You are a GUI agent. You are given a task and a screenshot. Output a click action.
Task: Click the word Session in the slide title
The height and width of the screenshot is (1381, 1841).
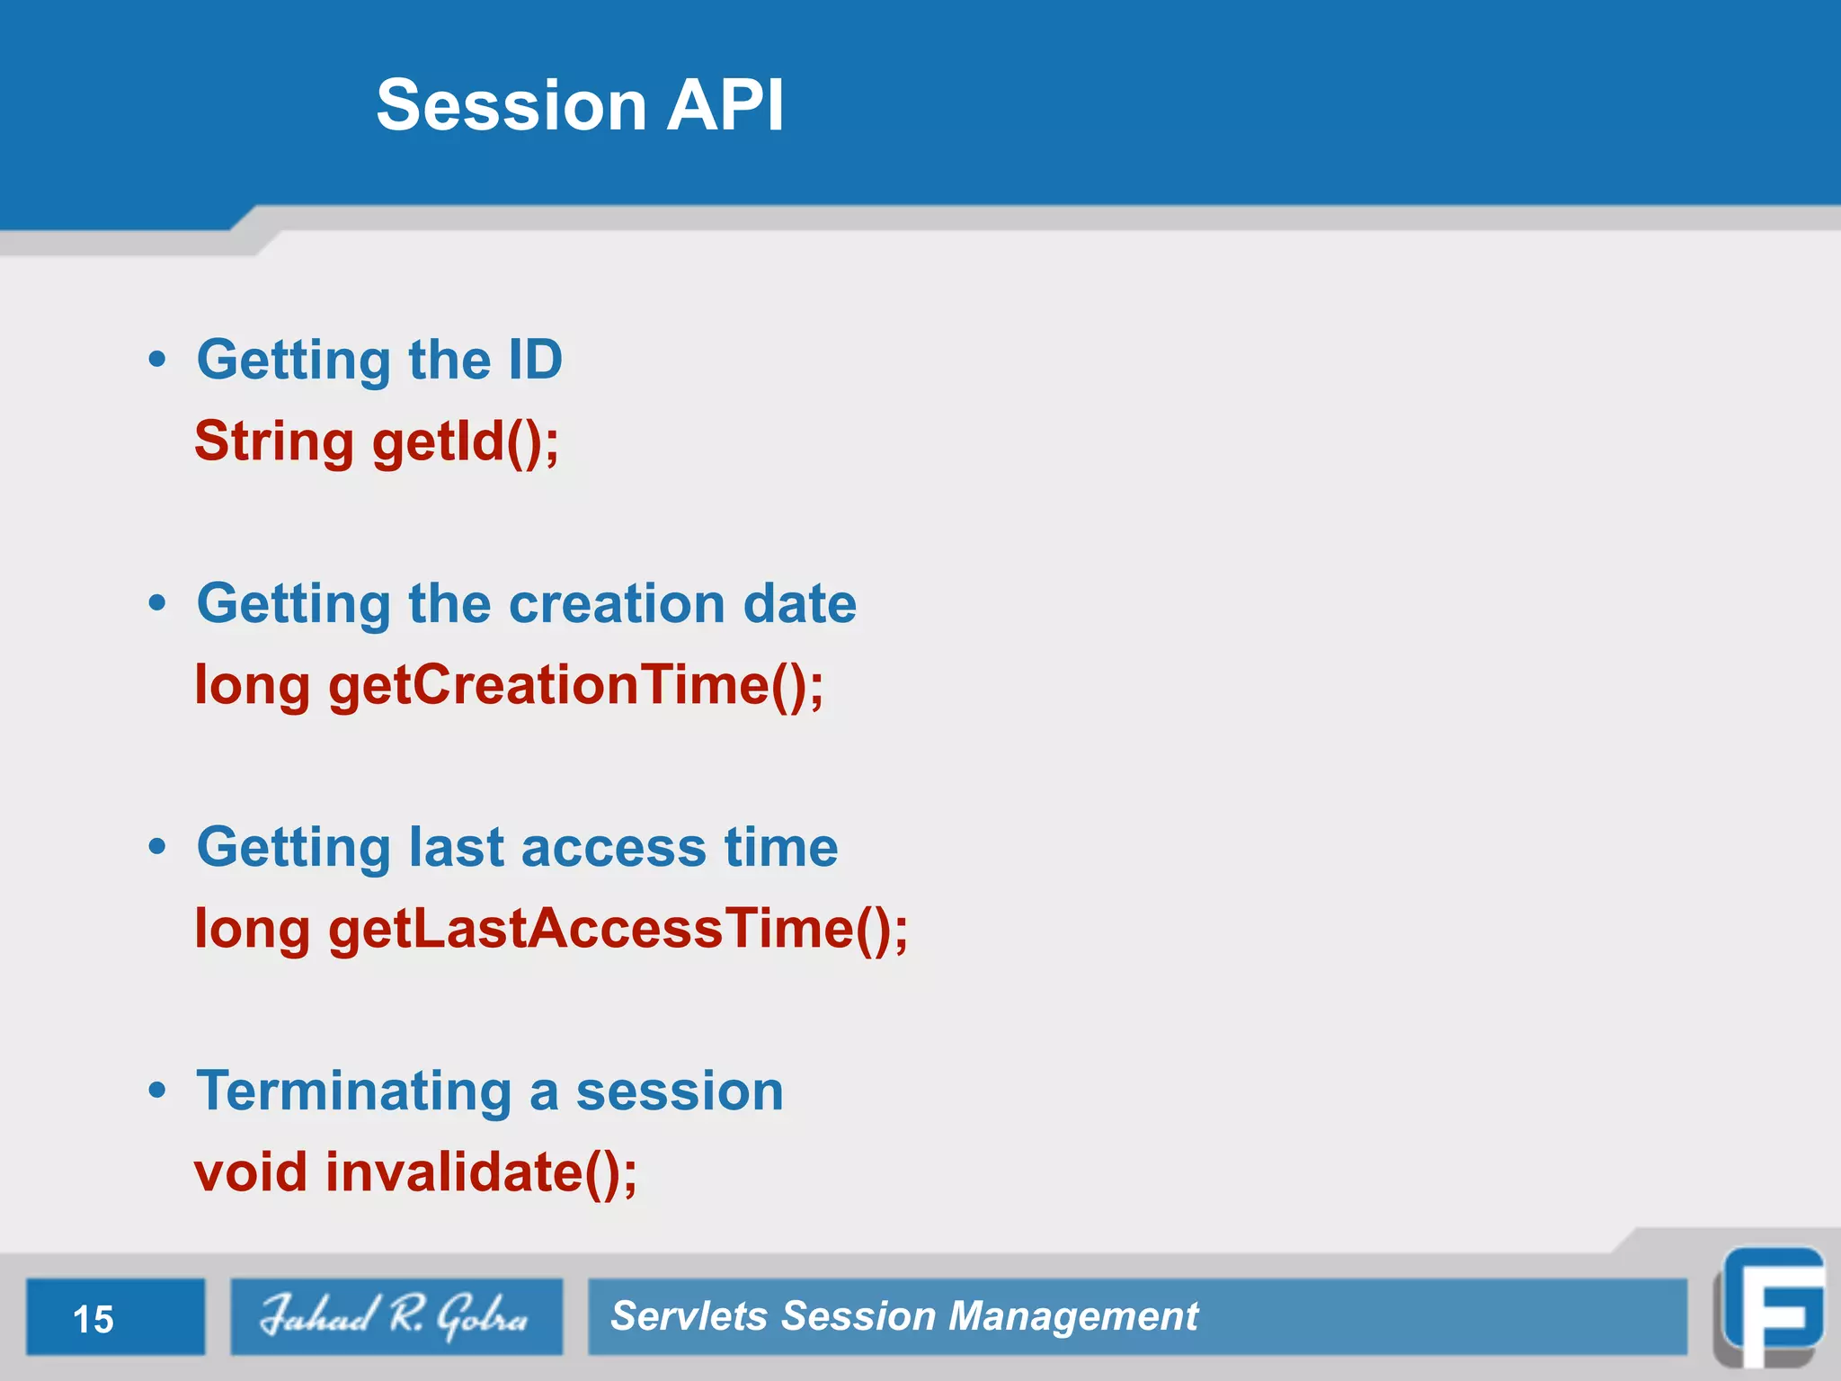[x=511, y=105]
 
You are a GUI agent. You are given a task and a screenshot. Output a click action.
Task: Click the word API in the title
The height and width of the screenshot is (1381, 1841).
[x=725, y=105]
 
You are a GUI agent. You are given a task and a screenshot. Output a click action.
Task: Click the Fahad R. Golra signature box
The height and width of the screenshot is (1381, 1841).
[x=396, y=1316]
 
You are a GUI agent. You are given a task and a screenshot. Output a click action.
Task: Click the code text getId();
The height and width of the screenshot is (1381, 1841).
[x=466, y=442]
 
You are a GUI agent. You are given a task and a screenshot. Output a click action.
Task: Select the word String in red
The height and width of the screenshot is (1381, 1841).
[x=274, y=442]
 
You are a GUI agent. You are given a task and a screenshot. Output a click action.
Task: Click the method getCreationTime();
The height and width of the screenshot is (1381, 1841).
[x=575, y=686]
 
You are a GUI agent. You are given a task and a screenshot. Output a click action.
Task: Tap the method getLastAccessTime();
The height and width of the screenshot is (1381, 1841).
[x=618, y=930]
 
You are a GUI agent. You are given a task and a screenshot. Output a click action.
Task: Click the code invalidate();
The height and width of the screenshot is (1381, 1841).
[x=481, y=1173]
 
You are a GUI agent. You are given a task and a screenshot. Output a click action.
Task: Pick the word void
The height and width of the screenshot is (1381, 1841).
[x=251, y=1173]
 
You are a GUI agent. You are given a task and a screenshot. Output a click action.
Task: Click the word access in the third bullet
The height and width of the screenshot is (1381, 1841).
[x=613, y=848]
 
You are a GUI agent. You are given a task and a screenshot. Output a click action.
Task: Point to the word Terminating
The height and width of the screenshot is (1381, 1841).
[x=354, y=1091]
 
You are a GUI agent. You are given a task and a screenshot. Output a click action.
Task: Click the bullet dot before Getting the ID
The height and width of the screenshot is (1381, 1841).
[x=157, y=360]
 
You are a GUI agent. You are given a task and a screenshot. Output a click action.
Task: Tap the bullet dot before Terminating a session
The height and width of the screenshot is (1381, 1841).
[x=157, y=1091]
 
